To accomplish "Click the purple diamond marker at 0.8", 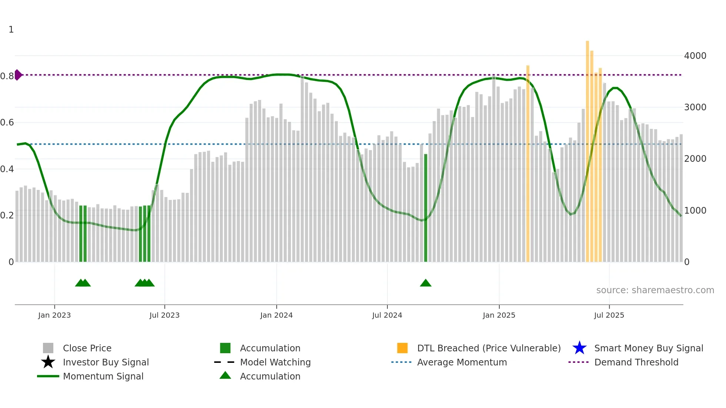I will [18, 75].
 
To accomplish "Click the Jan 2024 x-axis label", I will [276, 315].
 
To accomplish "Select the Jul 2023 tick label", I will [164, 315].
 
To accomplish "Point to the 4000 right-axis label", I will [695, 56].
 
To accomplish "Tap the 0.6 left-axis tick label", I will [7, 123].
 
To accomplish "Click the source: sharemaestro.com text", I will [655, 290].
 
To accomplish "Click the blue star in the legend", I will [579, 348].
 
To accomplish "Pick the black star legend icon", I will [48, 362].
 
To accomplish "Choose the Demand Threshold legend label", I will [636, 362].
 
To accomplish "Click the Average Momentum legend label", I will [462, 362].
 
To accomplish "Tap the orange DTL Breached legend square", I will [402, 348].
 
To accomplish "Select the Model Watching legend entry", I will [275, 362].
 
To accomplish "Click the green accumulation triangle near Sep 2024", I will [426, 283].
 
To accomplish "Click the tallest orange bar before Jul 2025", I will [587, 148].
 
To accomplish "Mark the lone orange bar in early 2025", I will [528, 163].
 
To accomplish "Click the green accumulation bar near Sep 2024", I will [426, 207].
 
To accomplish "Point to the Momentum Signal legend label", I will [103, 376].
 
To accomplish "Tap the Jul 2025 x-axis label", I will [609, 315].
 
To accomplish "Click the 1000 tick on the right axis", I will [695, 211].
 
